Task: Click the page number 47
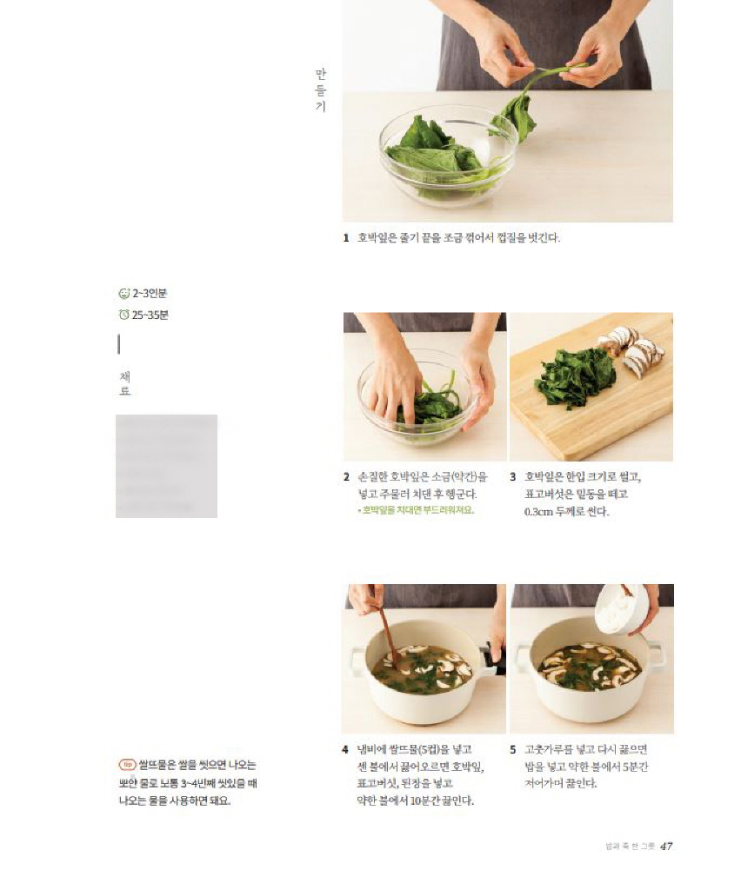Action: point(666,846)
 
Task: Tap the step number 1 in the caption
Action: point(346,237)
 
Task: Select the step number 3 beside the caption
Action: point(513,477)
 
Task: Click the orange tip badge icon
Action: point(127,765)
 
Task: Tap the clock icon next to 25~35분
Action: point(123,315)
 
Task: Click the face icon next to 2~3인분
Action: point(123,294)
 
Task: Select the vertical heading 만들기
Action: point(320,91)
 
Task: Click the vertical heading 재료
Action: point(124,383)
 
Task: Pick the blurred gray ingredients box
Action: point(166,466)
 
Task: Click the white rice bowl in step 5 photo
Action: point(623,608)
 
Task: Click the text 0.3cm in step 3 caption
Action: point(541,512)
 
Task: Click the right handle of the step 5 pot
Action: point(657,654)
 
